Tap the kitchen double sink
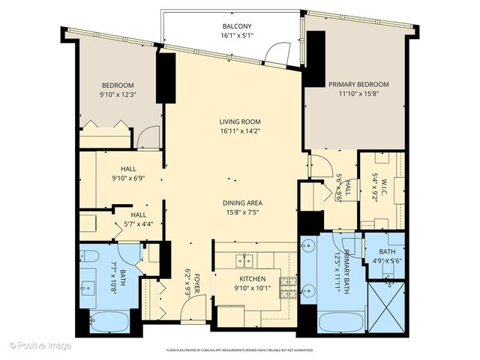244,260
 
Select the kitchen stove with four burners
287,285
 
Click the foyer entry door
195,304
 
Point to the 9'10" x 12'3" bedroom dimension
118,94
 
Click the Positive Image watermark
41,346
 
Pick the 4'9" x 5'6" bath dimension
387,262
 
